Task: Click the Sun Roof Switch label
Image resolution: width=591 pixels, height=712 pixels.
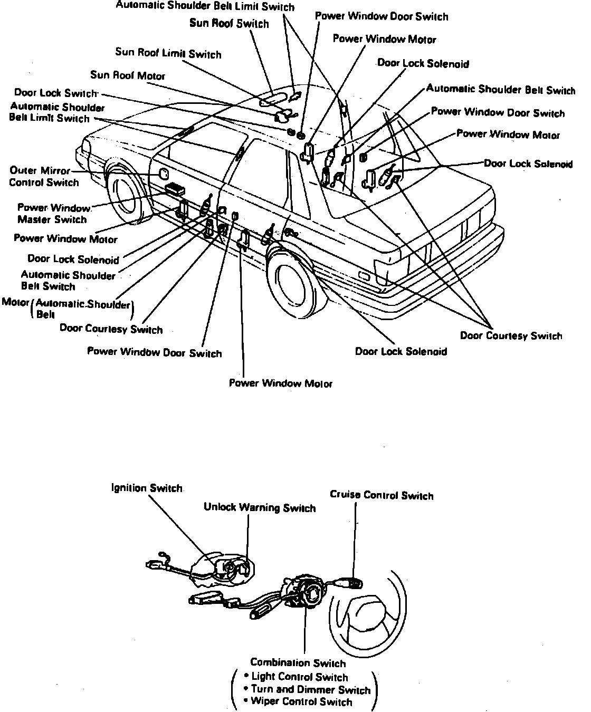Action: (229, 24)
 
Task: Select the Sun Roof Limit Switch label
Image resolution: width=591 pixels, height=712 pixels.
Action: (168, 53)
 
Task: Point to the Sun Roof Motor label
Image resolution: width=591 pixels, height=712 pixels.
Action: (128, 75)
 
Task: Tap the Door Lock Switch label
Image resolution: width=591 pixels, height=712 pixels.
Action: (55, 93)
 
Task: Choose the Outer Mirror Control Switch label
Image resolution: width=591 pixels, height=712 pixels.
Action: (44, 177)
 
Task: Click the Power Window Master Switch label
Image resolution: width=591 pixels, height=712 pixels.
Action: (53, 214)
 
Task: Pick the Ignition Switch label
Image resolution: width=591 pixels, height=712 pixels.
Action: (147, 488)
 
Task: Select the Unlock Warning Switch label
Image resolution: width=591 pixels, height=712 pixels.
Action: (259, 508)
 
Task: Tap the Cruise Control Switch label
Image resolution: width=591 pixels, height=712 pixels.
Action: (381, 495)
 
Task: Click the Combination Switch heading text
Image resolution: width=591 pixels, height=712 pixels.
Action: (298, 663)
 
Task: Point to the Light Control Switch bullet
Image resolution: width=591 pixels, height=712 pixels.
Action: (299, 677)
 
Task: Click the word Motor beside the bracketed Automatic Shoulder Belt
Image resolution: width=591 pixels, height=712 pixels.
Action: (15, 302)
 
